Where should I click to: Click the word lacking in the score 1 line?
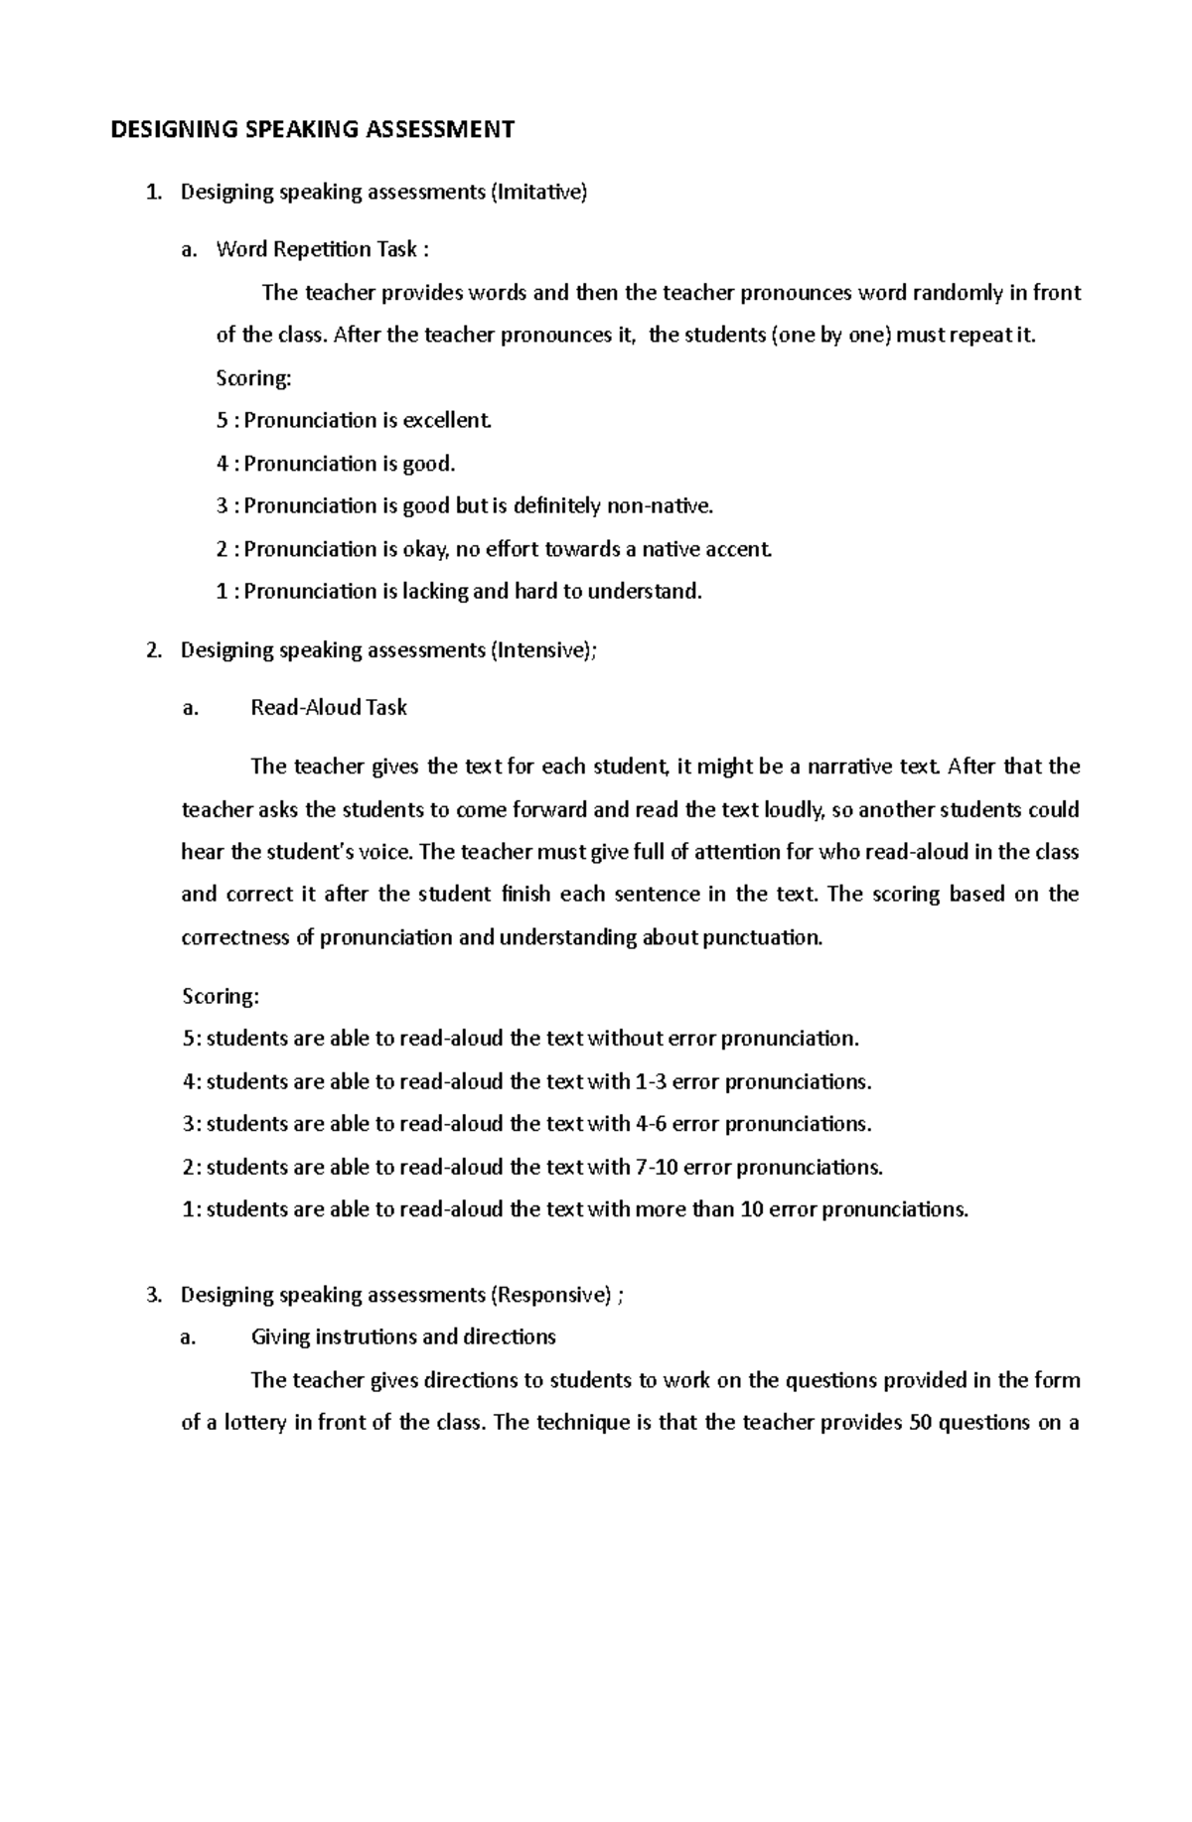pos(434,592)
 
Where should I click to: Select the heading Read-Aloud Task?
pos(329,708)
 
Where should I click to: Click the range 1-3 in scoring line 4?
pos(652,1081)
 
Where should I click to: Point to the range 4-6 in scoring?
pos(652,1124)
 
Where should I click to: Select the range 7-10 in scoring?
pos(657,1167)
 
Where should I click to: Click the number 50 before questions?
pos(919,1423)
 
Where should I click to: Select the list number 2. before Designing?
pos(153,650)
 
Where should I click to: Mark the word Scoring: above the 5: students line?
pos(221,996)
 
